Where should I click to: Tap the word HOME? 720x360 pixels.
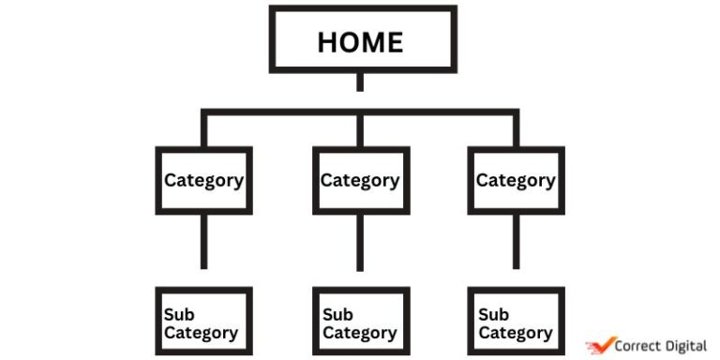coord(360,42)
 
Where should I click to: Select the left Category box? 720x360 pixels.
coord(203,180)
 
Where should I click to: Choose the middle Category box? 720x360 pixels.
coord(360,180)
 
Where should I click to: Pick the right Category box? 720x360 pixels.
coord(516,180)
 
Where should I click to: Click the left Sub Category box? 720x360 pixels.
coord(203,322)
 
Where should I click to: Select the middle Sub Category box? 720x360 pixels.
coord(360,322)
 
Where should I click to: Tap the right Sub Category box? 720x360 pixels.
coord(516,322)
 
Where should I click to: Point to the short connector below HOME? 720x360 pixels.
coord(360,82)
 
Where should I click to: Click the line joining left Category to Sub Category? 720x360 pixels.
coord(203,241)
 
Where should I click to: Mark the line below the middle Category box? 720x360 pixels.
coord(360,242)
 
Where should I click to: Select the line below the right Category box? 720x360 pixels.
coord(516,241)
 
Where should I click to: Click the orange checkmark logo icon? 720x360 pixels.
coord(599,346)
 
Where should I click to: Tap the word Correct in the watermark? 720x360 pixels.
coord(640,346)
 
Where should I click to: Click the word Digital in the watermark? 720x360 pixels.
coord(687,346)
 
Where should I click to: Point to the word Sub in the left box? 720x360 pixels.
coord(179,314)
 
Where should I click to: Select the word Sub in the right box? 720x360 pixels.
coord(493,315)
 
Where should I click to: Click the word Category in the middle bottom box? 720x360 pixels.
coord(360,333)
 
